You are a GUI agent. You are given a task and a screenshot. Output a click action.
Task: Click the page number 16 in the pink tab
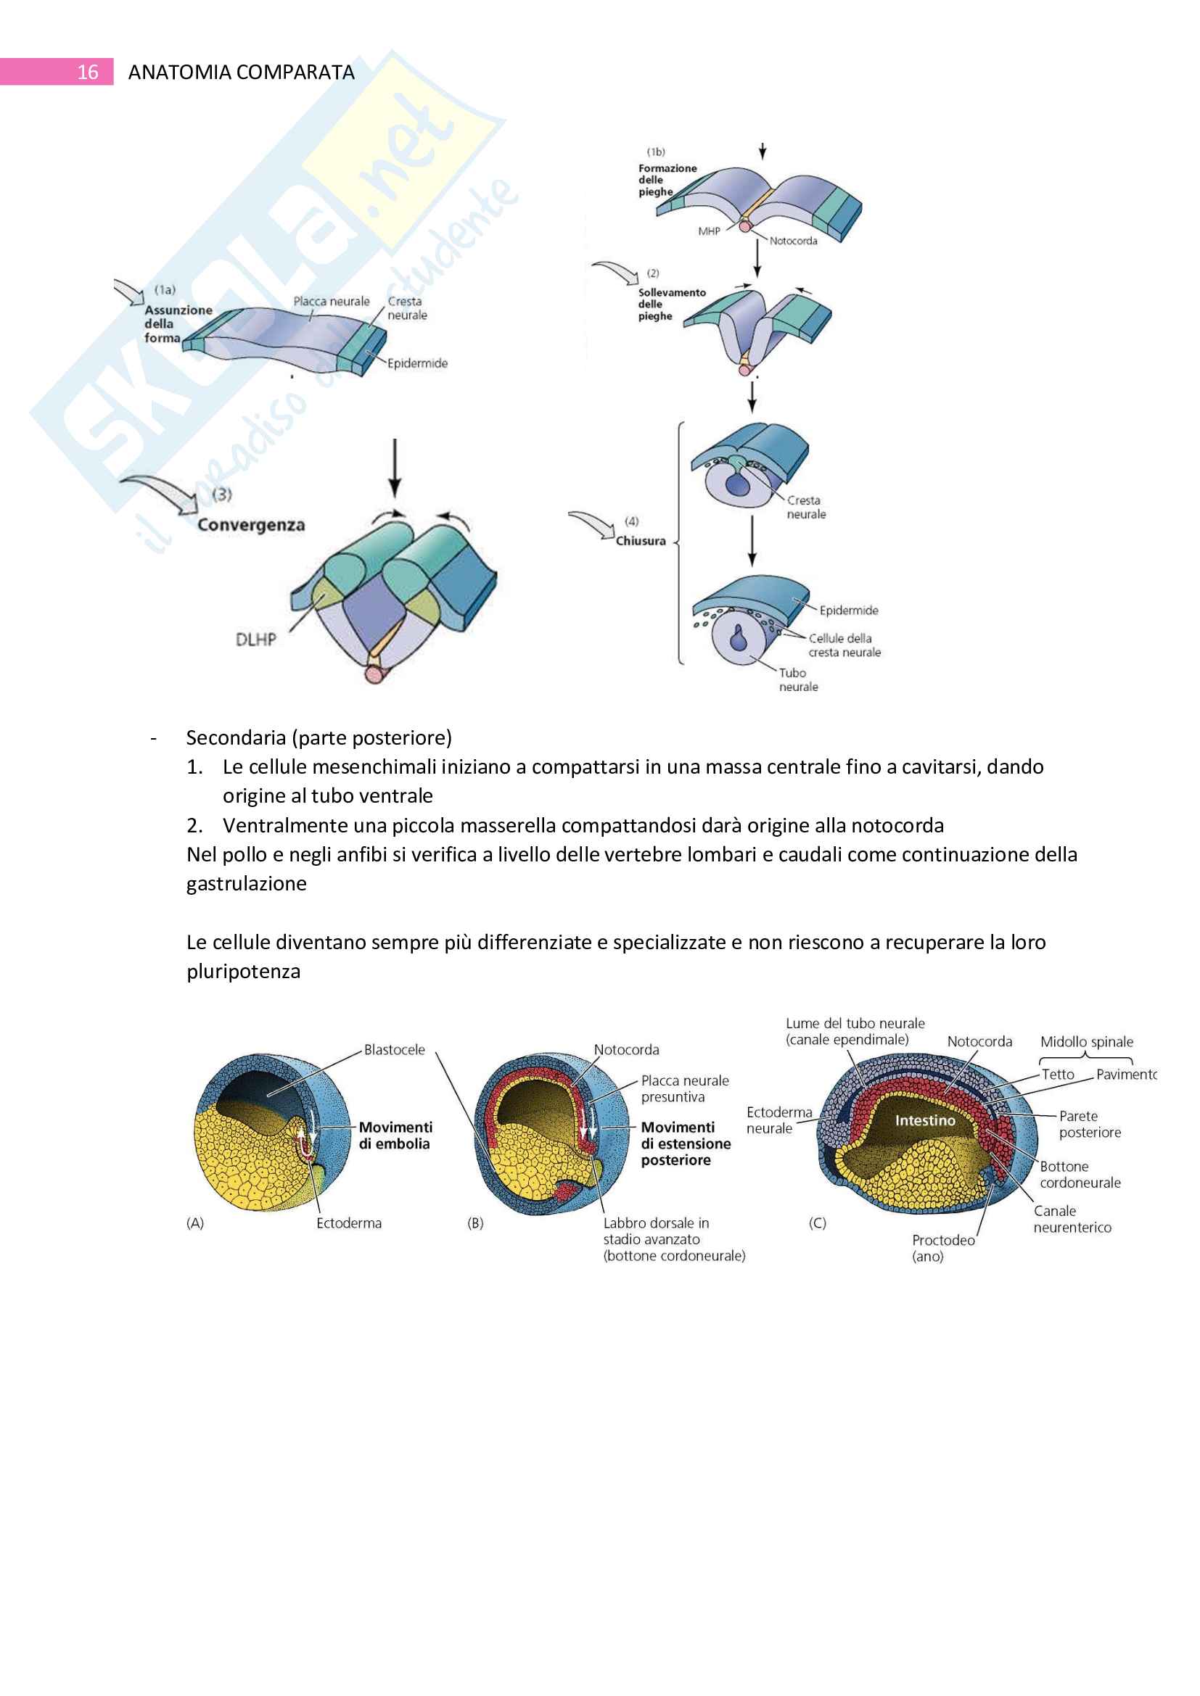point(87,73)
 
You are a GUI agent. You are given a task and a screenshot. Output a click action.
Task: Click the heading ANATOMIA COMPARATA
point(241,73)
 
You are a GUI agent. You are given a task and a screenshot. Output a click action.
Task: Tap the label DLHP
point(255,640)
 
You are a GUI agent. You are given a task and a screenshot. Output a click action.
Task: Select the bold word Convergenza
point(250,525)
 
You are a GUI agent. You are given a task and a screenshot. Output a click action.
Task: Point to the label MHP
point(709,231)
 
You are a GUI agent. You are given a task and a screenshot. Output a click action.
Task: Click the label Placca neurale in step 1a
point(331,302)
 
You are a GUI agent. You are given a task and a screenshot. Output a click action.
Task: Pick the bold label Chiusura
point(641,541)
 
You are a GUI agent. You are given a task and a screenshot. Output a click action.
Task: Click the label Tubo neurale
point(798,679)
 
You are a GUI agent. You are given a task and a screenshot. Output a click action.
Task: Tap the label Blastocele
point(395,1050)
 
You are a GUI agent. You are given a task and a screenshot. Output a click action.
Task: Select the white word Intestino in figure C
point(925,1120)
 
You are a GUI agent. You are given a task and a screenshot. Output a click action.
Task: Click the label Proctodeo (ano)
point(942,1248)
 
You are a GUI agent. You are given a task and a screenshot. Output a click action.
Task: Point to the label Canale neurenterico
point(1072,1219)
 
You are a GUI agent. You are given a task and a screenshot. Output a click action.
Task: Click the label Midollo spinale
point(1086,1041)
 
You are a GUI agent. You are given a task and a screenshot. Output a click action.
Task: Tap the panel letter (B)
point(475,1223)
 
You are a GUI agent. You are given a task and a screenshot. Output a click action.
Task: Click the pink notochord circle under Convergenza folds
point(374,674)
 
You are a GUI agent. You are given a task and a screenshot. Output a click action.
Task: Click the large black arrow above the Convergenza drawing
point(395,467)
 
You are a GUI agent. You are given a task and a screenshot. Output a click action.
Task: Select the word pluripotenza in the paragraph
point(243,972)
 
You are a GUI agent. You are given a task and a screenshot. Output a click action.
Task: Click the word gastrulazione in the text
point(246,883)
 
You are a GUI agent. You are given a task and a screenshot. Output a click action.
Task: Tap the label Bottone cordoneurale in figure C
point(1080,1175)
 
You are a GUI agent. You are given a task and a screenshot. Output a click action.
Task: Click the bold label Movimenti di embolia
point(395,1136)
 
